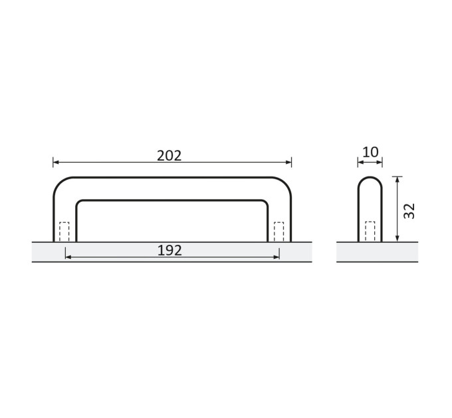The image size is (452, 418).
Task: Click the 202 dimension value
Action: click(169, 156)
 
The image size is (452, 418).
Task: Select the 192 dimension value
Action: click(169, 251)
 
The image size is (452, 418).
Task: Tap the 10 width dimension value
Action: click(370, 152)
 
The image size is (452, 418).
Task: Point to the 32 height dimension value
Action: click(409, 211)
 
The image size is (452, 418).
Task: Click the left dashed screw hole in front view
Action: click(64, 232)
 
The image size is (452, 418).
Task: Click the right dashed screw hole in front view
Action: click(279, 232)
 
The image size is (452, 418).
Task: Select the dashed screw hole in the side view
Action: click(370, 232)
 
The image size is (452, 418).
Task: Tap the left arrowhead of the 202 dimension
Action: click(56, 163)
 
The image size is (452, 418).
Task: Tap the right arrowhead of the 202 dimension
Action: click(288, 163)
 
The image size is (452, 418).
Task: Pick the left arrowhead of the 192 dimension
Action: click(68, 257)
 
